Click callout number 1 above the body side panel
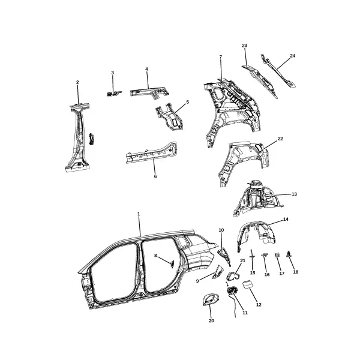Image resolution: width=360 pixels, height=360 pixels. [139, 214]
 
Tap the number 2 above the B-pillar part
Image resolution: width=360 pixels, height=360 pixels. [77, 82]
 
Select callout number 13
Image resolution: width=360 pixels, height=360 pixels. [294, 194]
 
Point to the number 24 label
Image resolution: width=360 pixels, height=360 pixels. [293, 56]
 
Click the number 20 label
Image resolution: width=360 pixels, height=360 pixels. [211, 321]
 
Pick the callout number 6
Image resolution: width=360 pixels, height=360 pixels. [155, 176]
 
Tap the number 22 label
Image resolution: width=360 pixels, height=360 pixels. [280, 139]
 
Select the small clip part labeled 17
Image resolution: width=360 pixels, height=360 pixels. [277, 254]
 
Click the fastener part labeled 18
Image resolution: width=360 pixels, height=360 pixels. [289, 254]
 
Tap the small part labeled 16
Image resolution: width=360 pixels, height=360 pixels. [265, 254]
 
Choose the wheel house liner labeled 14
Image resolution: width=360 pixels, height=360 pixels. [256, 235]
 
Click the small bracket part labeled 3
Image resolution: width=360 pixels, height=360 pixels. [114, 93]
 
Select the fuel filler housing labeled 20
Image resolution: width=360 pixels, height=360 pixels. [211, 299]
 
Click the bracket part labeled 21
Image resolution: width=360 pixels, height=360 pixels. [232, 276]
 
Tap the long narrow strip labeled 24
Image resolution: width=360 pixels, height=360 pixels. [278, 71]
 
